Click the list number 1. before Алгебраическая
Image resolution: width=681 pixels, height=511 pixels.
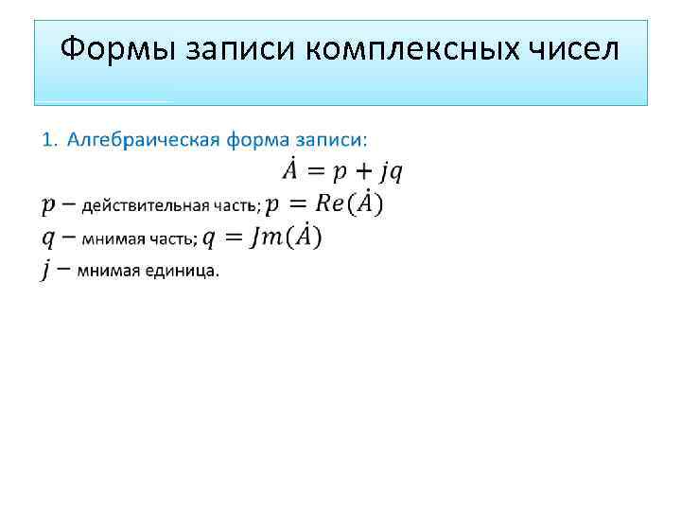(50, 140)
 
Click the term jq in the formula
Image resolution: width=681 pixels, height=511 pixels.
(393, 172)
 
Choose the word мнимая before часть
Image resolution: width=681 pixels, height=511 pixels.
(108, 239)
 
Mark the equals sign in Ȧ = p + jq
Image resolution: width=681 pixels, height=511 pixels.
(318, 171)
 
